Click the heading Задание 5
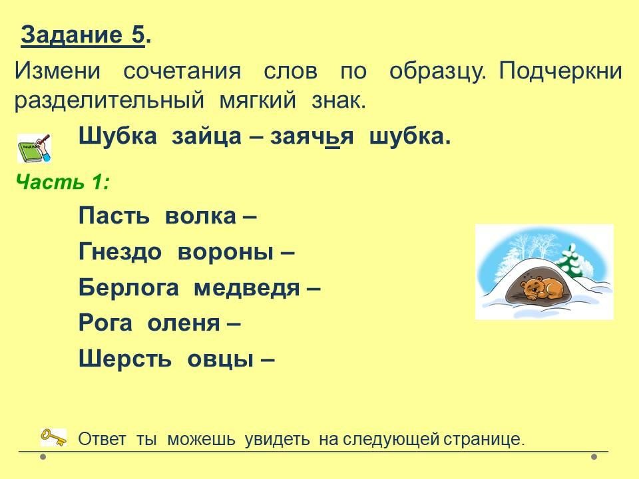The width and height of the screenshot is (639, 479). (86, 35)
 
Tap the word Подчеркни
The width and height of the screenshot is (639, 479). (560, 71)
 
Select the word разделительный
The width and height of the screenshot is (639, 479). (109, 100)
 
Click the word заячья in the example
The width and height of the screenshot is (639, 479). (312, 136)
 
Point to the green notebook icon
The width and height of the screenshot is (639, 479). (34, 148)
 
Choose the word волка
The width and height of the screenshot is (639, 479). (200, 216)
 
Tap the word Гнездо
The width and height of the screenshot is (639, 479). (120, 251)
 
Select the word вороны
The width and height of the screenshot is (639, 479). (226, 253)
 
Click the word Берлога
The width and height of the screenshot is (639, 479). (128, 287)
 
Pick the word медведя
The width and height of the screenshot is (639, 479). (247, 288)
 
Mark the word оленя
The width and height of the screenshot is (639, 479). (184, 324)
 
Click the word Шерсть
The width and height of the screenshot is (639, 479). (125, 359)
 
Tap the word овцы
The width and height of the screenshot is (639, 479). (220, 360)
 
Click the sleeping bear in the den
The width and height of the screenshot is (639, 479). (542, 287)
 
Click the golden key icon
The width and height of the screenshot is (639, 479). (53, 438)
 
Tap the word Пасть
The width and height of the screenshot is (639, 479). (114, 216)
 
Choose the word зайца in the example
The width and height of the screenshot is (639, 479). (206, 136)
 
